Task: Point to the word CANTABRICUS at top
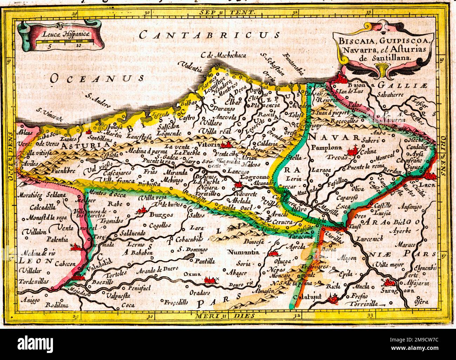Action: (x=209, y=35)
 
